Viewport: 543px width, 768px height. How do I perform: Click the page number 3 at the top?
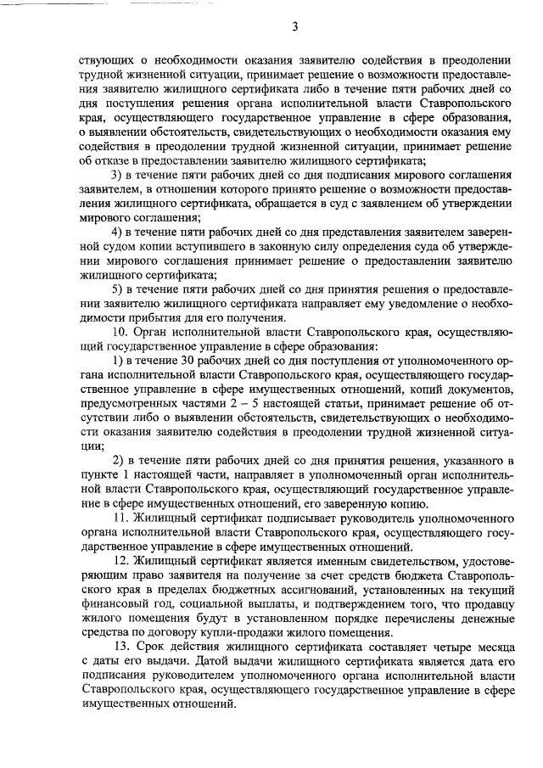click(x=294, y=26)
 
